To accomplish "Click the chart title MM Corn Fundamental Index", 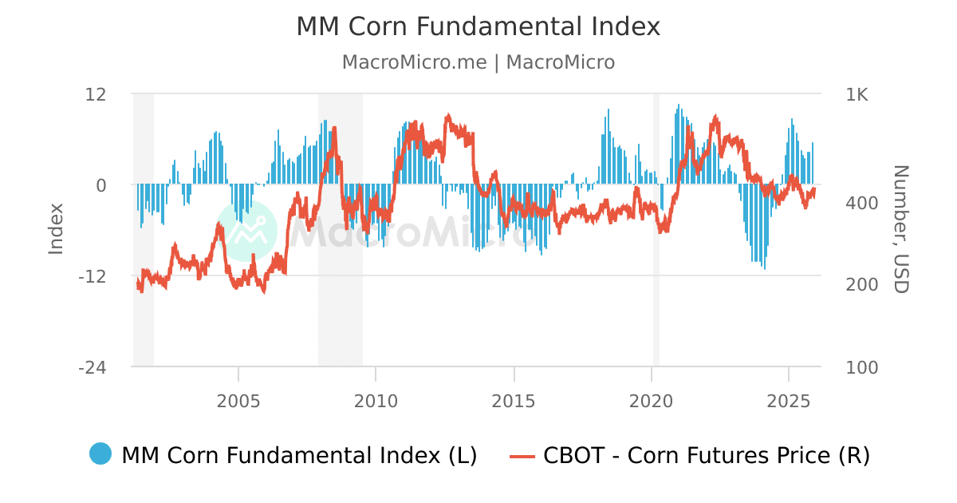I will [x=478, y=26].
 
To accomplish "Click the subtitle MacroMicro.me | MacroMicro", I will [x=478, y=62].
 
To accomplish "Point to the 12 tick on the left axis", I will [x=96, y=94].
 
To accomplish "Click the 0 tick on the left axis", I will [x=101, y=185].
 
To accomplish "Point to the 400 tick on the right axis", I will [x=861, y=204].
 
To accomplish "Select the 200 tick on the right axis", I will [x=861, y=285].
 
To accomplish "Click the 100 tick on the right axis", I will [x=861, y=367].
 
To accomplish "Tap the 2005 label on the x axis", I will [x=238, y=401].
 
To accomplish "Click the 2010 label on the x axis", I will [x=376, y=401].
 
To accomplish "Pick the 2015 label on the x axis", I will [x=514, y=401].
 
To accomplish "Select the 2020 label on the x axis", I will [x=652, y=401].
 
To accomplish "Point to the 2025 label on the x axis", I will [x=789, y=401].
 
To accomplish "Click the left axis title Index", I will [x=56, y=229].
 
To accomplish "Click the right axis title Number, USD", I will [x=900, y=229].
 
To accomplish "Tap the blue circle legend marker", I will [x=100, y=455].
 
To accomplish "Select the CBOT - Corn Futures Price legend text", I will [x=706, y=455].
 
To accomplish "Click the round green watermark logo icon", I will [x=247, y=231].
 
